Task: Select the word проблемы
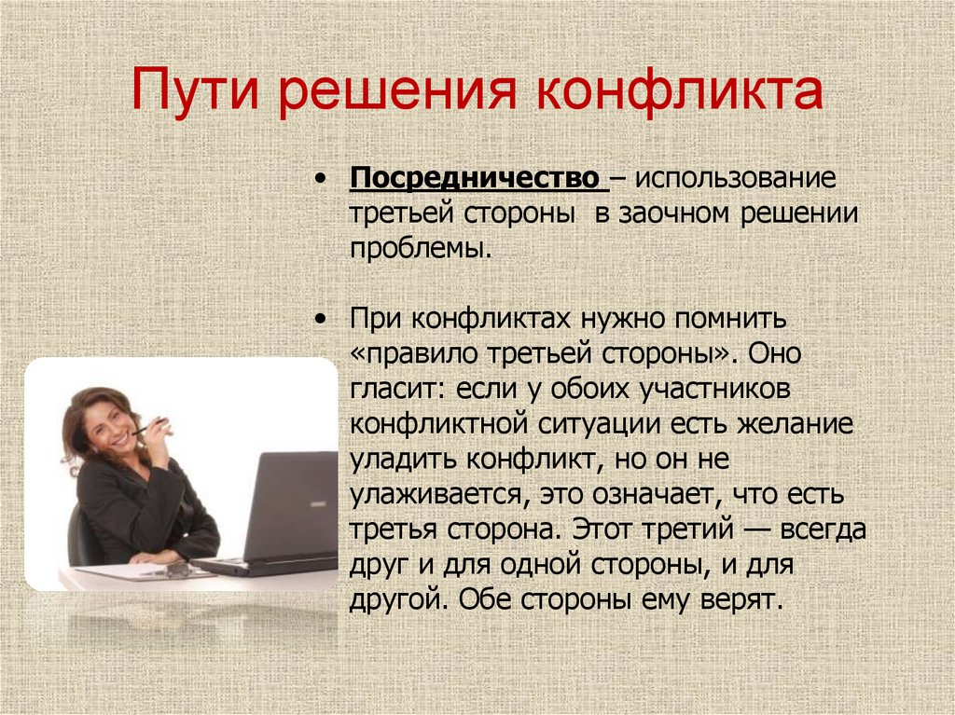419,248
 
